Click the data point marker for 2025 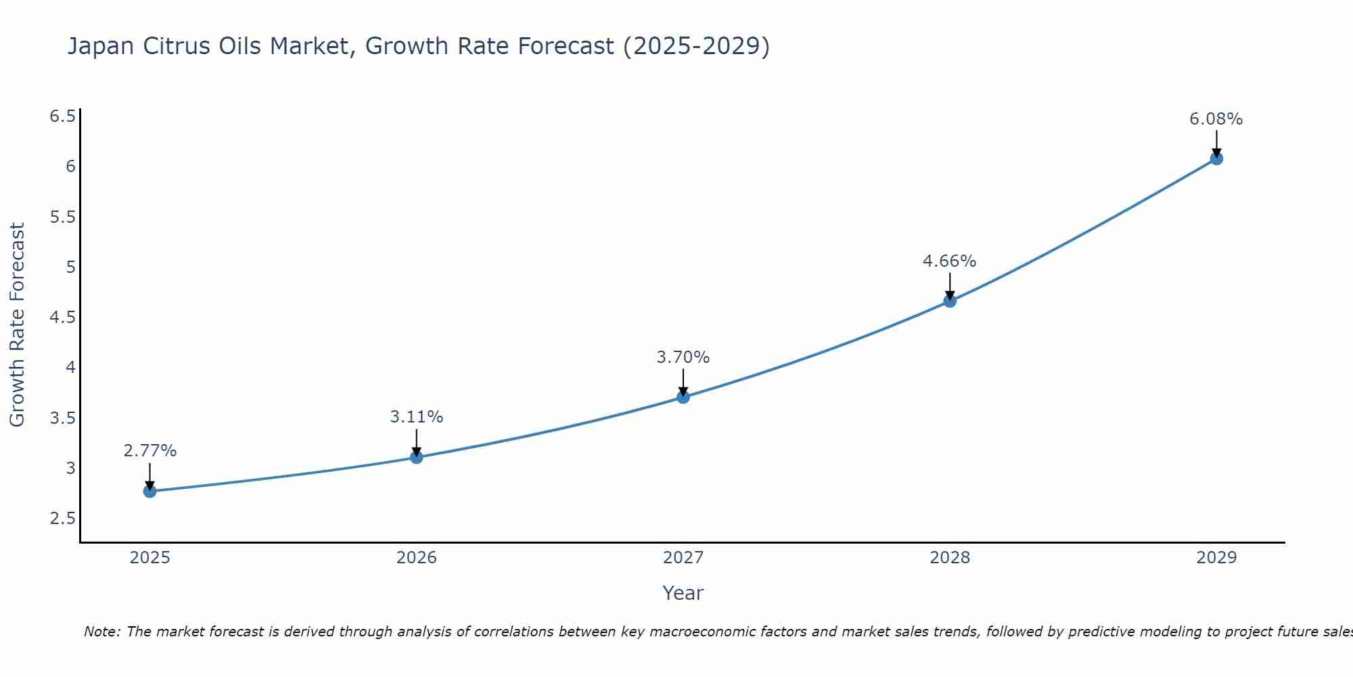(x=150, y=491)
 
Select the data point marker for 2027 (x=683, y=397)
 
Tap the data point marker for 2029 (x=1216, y=158)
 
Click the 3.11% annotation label (x=416, y=417)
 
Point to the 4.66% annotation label (x=949, y=261)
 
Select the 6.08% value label (x=1216, y=119)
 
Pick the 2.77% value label (x=150, y=451)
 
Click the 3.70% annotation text (x=683, y=357)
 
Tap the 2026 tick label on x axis (x=416, y=558)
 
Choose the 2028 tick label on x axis (x=949, y=558)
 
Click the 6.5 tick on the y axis (x=62, y=116)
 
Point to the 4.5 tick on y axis (x=62, y=318)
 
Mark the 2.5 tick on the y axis (x=62, y=519)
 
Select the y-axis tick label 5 (x=70, y=267)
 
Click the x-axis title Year (x=683, y=593)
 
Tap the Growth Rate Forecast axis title (x=17, y=324)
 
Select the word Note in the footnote (x=101, y=632)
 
